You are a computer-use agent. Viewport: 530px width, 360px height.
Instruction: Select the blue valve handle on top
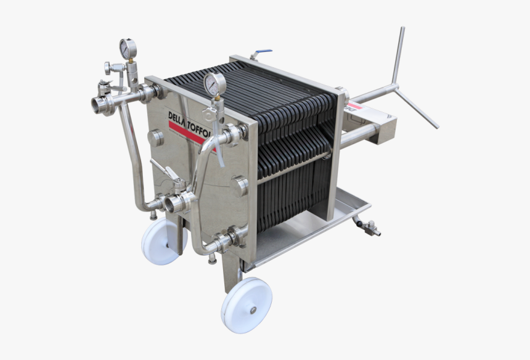click(265, 52)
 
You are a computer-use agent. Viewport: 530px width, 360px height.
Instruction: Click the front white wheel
click(247, 305)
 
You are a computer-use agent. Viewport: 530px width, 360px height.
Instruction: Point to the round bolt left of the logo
click(156, 137)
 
